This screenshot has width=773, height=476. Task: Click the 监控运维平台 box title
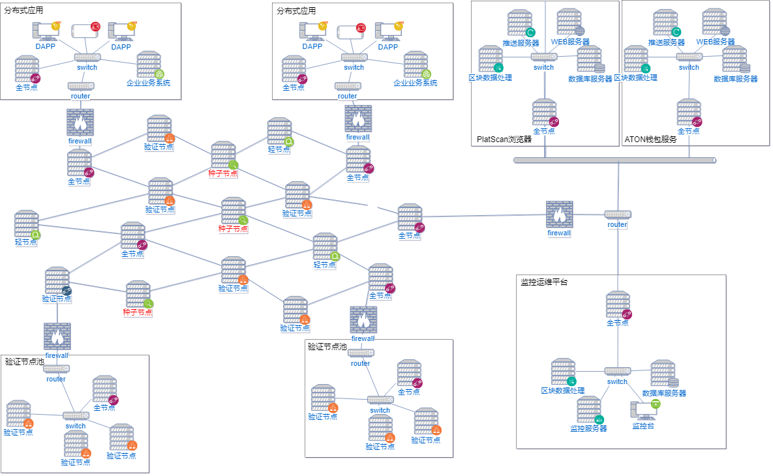544,282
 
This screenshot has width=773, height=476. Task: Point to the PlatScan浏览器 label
504,139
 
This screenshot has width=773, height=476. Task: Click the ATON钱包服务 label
651,139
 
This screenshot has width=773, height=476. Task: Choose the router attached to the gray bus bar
617,215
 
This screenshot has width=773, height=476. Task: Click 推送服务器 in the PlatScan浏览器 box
521,24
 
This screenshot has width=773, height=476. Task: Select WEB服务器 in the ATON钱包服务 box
714,23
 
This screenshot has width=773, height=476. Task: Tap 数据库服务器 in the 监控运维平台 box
663,374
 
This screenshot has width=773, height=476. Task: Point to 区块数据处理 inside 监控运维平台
563,372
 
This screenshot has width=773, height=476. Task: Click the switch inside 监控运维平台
617,371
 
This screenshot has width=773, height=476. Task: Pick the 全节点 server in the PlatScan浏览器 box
545,113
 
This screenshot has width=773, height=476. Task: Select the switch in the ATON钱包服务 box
689,57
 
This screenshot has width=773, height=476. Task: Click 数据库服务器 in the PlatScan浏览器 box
590,60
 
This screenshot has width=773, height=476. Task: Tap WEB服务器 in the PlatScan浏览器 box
569,23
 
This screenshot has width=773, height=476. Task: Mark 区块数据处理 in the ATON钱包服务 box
636,59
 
